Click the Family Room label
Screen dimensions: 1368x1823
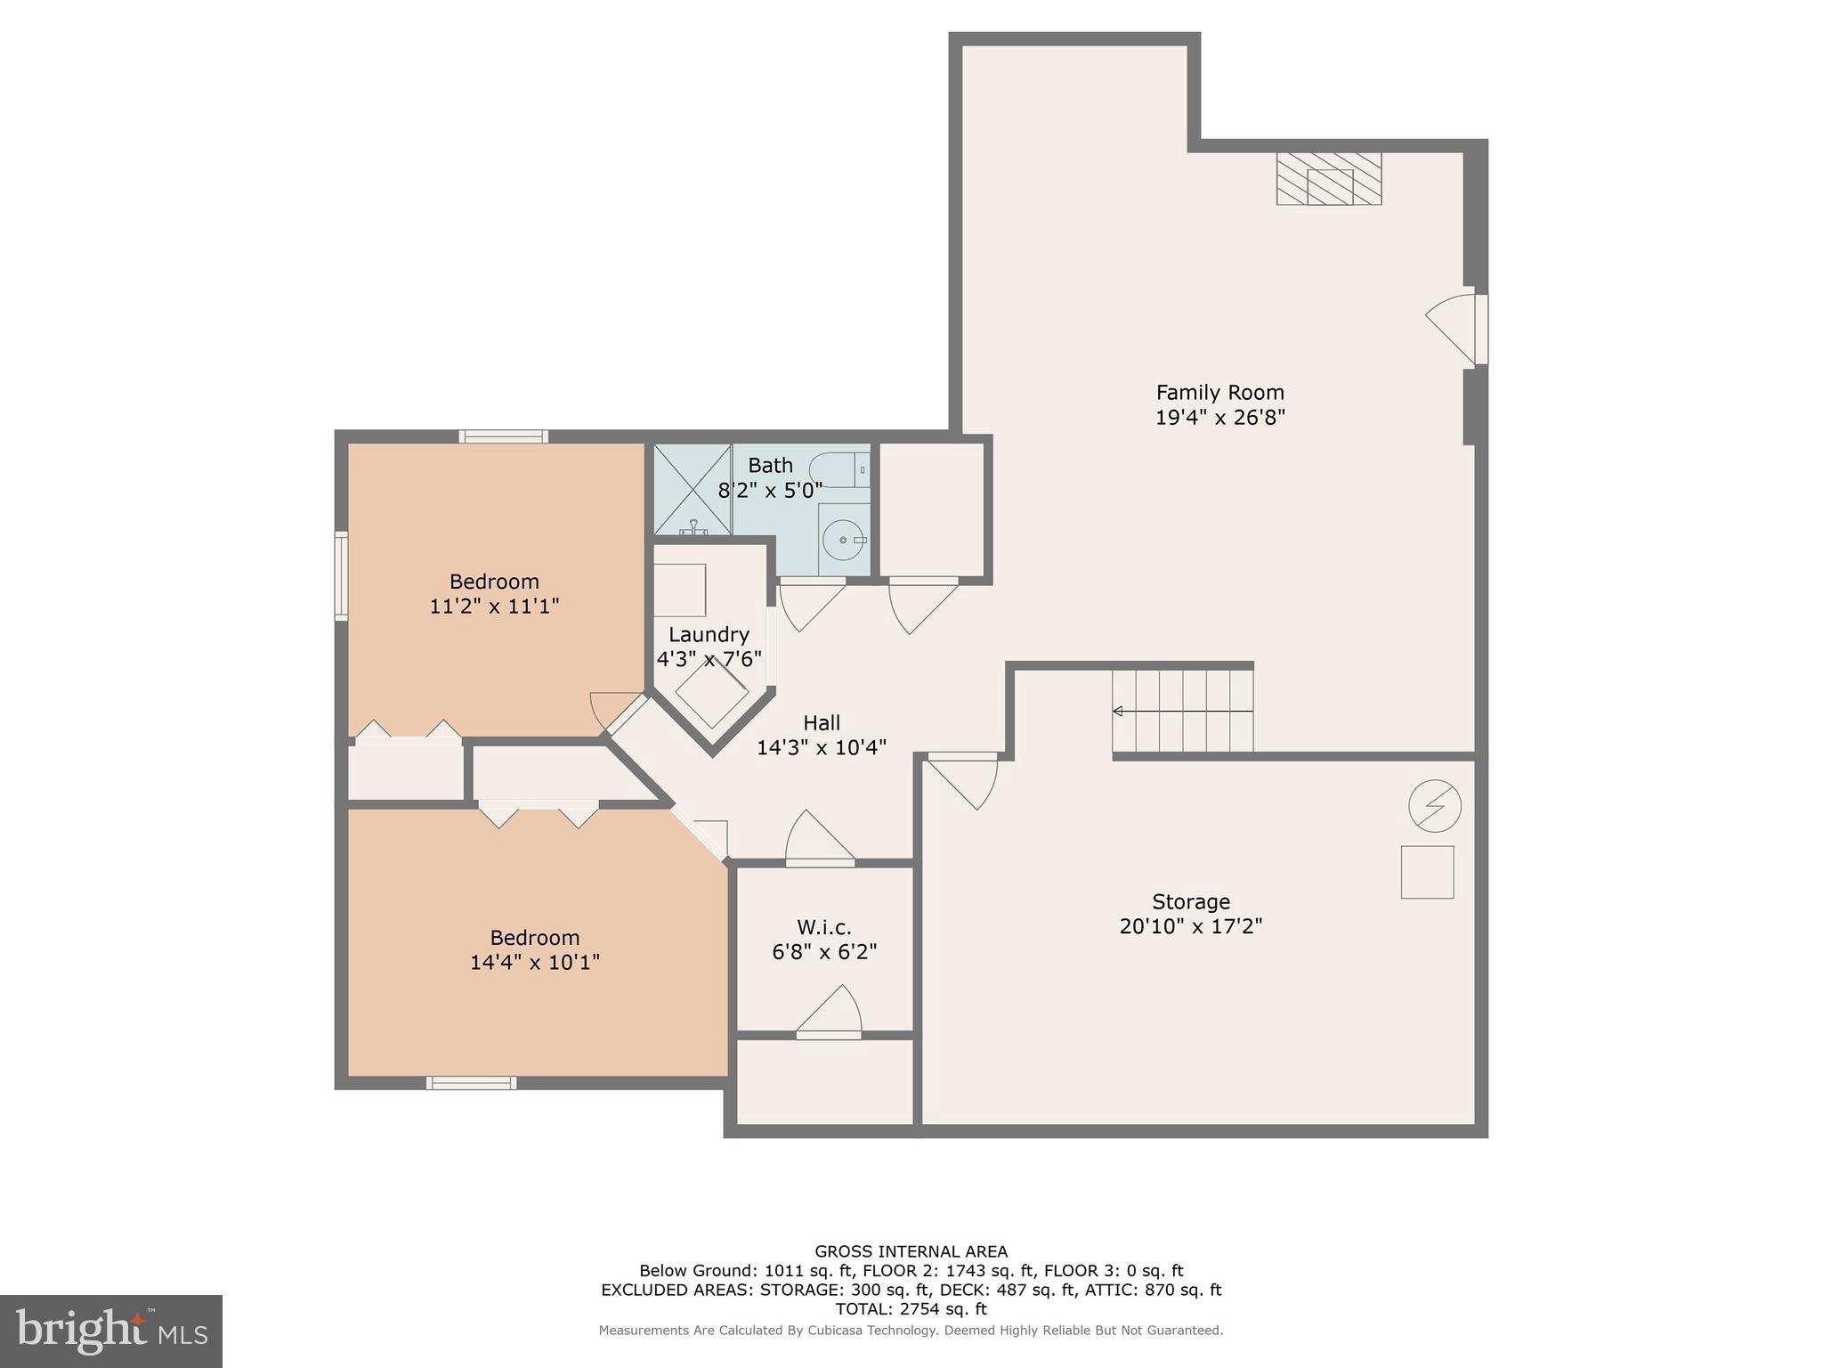point(1219,393)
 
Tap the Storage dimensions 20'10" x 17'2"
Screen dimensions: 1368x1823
point(1190,926)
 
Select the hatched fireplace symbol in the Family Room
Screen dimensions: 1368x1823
point(1328,179)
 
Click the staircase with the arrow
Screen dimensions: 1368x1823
point(1182,711)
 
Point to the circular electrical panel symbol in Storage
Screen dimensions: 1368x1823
point(1434,806)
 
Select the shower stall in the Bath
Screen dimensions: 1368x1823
point(693,489)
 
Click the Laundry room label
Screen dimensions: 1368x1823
point(709,635)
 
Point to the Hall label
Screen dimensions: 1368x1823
point(821,722)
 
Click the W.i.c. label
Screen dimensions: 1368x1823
point(824,927)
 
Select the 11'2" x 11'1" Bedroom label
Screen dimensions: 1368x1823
point(494,594)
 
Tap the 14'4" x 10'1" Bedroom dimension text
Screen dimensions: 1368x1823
point(535,963)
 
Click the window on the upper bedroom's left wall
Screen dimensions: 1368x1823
point(341,575)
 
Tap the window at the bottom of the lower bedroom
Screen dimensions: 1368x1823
point(471,1083)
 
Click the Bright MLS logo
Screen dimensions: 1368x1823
point(111,1331)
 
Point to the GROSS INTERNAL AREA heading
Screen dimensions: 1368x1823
point(911,1251)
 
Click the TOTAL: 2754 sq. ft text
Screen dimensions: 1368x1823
point(911,1309)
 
